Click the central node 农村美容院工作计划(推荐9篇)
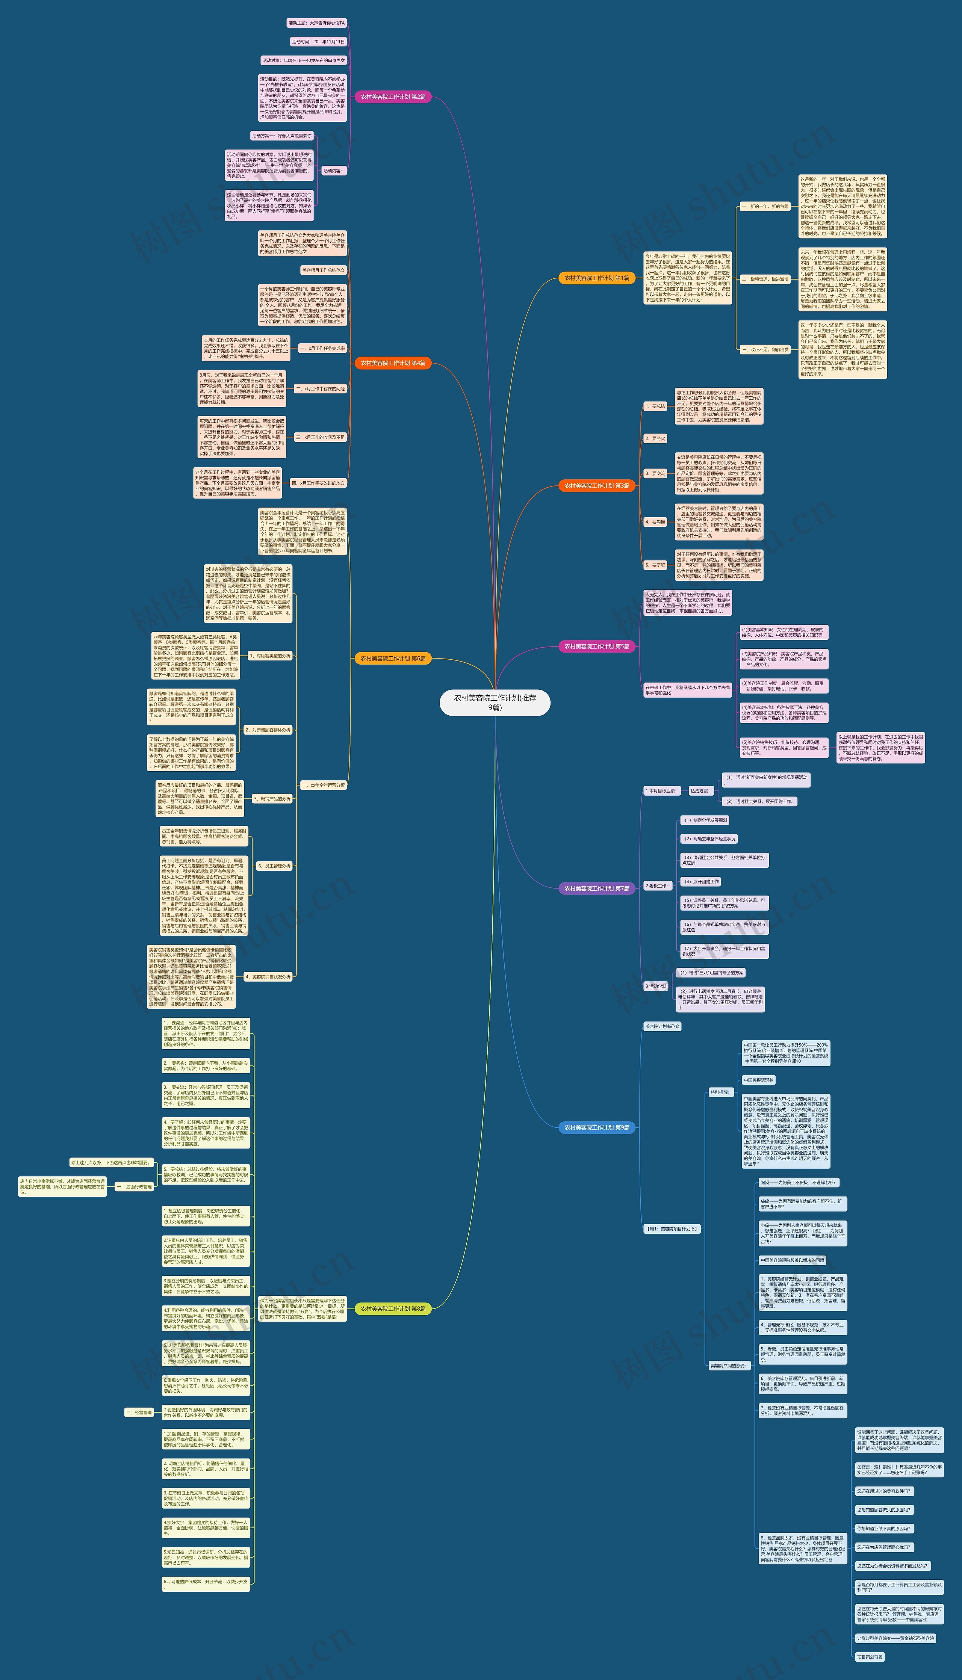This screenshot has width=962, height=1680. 495,702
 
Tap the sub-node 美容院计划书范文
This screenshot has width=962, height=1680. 661,1026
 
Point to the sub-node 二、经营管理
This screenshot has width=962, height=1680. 139,1412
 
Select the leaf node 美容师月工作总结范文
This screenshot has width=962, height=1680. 323,270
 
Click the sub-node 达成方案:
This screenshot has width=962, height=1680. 700,790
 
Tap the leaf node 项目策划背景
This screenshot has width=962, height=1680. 870,1657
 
